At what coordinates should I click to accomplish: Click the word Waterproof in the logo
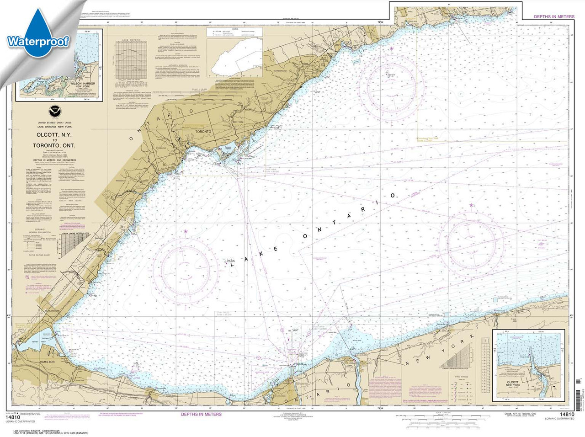pos(38,42)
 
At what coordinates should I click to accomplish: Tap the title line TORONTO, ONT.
pos(50,146)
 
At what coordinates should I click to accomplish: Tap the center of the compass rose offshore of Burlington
pos(186,265)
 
